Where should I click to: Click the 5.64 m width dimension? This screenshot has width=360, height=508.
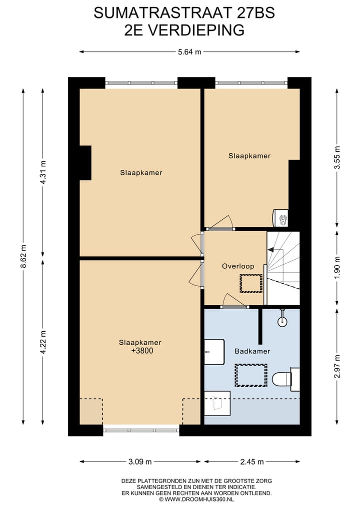pyautogui.click(x=190, y=51)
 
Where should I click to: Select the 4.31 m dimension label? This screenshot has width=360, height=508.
pyautogui.click(x=43, y=172)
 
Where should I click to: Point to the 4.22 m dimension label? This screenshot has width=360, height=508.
pyautogui.click(x=43, y=342)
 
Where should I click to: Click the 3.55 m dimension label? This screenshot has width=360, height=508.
pyautogui.click(x=337, y=158)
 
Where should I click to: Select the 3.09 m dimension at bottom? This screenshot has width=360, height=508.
pyautogui.click(x=140, y=462)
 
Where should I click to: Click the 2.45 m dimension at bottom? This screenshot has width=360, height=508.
pyautogui.click(x=251, y=462)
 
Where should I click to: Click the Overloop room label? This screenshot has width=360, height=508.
pyautogui.click(x=234, y=266)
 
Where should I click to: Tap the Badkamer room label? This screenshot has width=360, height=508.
pyautogui.click(x=252, y=351)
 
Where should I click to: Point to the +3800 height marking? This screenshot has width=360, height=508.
pyautogui.click(x=140, y=351)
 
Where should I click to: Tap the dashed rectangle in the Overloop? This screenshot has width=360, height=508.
pyautogui.click(x=251, y=283)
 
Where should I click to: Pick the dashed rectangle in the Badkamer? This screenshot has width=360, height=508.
pyautogui.click(x=251, y=375)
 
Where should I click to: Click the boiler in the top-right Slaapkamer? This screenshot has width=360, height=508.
pyautogui.click(x=280, y=218)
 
